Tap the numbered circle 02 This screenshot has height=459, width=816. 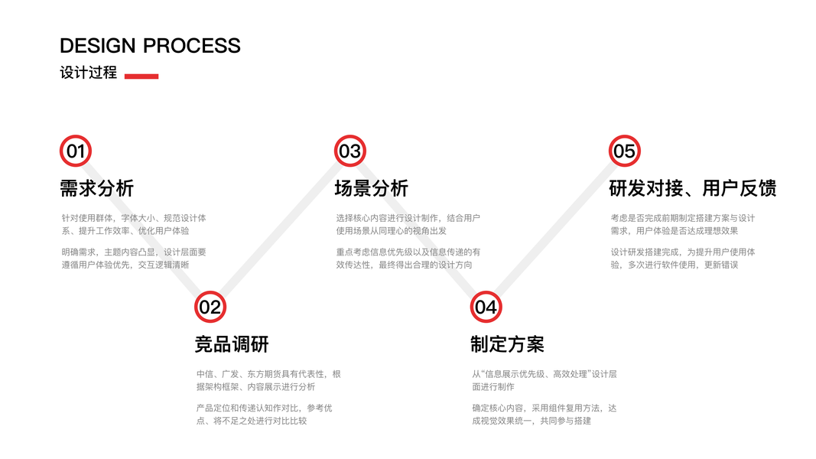click(210, 308)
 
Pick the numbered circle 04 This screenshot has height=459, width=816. click(486, 308)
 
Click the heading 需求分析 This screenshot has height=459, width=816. click(96, 188)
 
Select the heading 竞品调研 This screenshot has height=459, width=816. click(232, 344)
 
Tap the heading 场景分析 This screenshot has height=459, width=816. click(371, 188)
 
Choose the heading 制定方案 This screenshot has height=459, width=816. click(507, 344)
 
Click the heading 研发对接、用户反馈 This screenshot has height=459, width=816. click(692, 188)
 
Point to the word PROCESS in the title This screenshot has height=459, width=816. click(192, 46)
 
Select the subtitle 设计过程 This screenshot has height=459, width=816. click(88, 73)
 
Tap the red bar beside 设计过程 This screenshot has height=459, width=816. click(141, 76)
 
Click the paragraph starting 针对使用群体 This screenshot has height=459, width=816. click(133, 224)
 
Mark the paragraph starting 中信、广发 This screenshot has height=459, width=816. click(268, 380)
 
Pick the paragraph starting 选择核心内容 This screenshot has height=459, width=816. click(408, 224)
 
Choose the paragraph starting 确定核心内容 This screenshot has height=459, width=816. click(544, 414)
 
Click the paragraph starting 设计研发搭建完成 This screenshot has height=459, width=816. click(682, 258)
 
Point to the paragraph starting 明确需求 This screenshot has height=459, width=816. click(133, 258)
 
